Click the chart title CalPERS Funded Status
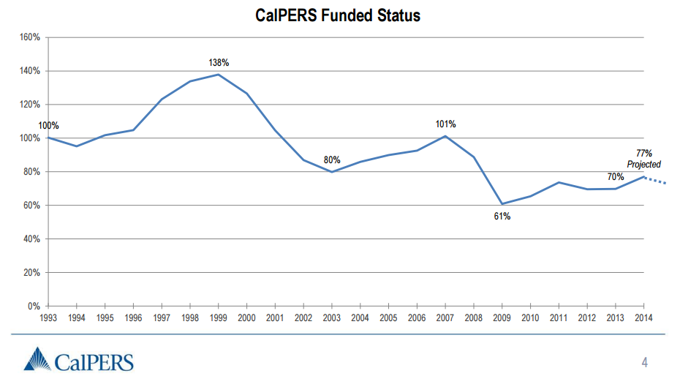point(338,15)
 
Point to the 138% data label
point(219,63)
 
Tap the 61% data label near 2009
point(502,217)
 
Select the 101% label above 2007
point(446,124)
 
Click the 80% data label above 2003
point(332,160)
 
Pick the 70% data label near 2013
point(615,177)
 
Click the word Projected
point(643,165)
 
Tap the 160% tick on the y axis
point(30,37)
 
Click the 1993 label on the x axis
point(48,317)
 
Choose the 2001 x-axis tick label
point(275,317)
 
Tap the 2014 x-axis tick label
point(643,317)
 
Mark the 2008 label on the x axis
point(474,317)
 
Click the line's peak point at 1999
point(218,74)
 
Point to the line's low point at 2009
point(502,203)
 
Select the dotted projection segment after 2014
point(656,181)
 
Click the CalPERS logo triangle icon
point(39,360)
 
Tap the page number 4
point(644,362)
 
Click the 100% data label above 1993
point(48,126)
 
